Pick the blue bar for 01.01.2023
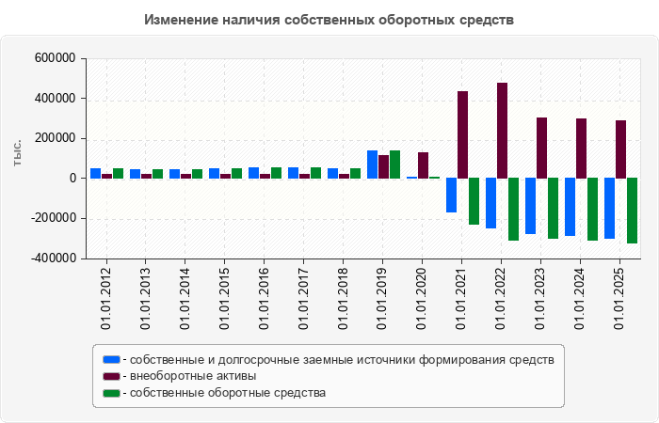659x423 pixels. click(x=530, y=206)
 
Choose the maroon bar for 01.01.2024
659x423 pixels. click(x=581, y=149)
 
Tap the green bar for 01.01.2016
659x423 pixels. click(x=276, y=173)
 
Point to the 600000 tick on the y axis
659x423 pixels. click(x=55, y=58)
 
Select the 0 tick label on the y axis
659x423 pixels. click(x=72, y=179)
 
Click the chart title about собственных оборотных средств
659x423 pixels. click(x=329, y=20)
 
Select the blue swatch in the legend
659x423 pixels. click(x=111, y=359)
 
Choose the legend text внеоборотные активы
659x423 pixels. click(x=194, y=376)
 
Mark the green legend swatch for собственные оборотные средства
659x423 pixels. click(x=111, y=393)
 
